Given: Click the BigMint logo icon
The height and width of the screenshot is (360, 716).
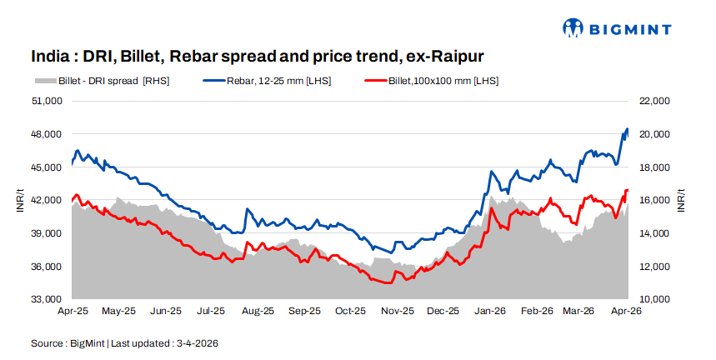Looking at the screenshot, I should click(x=573, y=28).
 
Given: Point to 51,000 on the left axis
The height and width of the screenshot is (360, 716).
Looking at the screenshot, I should click(x=48, y=101).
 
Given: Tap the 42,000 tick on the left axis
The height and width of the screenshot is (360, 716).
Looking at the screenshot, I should click(x=48, y=200).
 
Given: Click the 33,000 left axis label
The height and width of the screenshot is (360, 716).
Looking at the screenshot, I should click(x=48, y=299).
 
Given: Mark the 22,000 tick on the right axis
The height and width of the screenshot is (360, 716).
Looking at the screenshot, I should click(x=654, y=101).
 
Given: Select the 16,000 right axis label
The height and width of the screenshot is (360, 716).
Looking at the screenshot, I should click(x=654, y=200).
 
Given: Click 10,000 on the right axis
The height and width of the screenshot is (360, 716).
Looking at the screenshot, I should click(x=654, y=299).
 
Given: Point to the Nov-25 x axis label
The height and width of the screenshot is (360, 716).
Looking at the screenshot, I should click(x=397, y=311).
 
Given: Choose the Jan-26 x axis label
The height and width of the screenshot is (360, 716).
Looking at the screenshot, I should click(x=490, y=311).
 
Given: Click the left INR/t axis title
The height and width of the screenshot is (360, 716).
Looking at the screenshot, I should click(x=18, y=200).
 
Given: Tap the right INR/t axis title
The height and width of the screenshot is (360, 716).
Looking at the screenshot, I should click(x=681, y=200).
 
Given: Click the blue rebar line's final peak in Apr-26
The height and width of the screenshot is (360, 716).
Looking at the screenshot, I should click(x=627, y=129).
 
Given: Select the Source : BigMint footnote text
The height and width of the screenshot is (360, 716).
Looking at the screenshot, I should click(x=125, y=342).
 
